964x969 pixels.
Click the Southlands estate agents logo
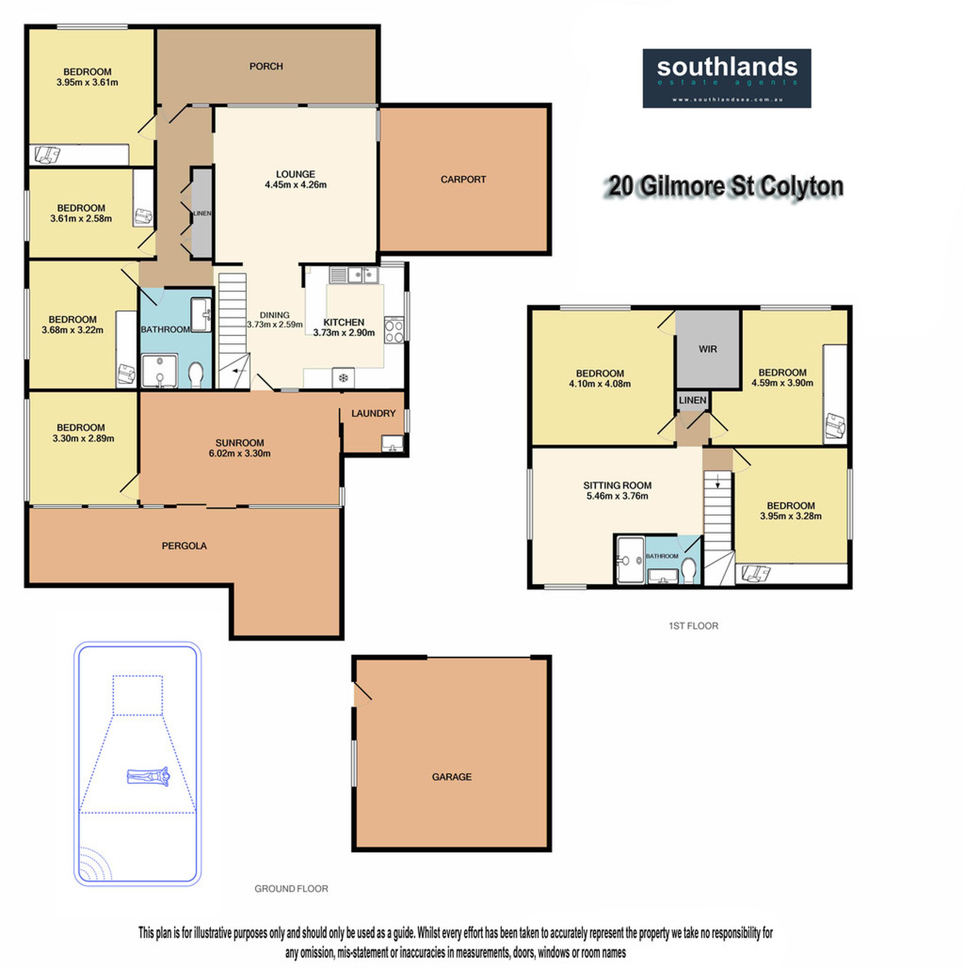(x=727, y=78)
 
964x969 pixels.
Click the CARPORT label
(x=463, y=179)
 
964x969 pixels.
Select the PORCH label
(x=266, y=66)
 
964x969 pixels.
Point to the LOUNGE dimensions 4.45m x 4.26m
(x=296, y=185)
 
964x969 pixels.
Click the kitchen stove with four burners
(x=394, y=330)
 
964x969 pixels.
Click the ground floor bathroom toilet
(x=195, y=374)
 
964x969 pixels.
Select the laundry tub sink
(x=392, y=444)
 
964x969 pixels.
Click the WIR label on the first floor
(x=708, y=349)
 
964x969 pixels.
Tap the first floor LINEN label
(x=692, y=400)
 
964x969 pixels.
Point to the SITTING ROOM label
(x=617, y=485)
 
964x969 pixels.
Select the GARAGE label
(x=451, y=777)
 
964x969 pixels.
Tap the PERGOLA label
(x=184, y=546)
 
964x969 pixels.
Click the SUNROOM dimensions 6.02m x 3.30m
(x=239, y=454)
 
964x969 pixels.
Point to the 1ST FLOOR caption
(x=694, y=626)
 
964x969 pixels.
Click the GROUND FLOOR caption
(x=291, y=889)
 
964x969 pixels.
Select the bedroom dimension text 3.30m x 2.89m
(x=83, y=438)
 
